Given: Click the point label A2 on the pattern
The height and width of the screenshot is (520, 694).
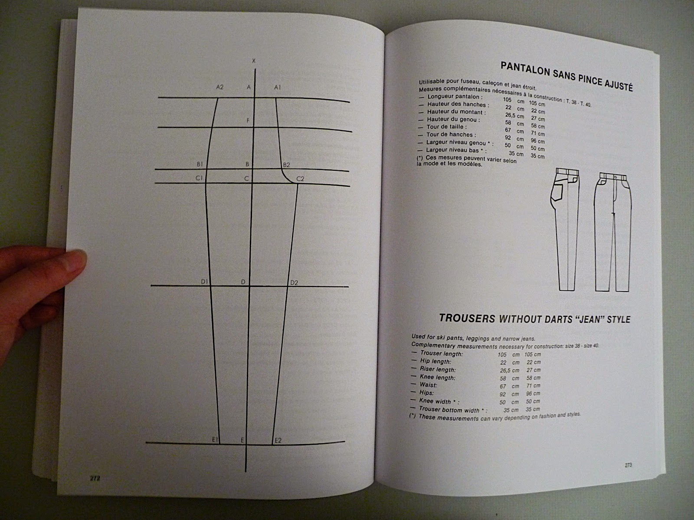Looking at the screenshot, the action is (x=219, y=87).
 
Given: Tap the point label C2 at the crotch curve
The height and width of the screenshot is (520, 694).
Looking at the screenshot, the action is (x=300, y=179).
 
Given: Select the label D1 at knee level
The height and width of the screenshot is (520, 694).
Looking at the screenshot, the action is (x=205, y=282).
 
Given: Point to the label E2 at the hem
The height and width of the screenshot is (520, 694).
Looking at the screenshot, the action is (x=278, y=440).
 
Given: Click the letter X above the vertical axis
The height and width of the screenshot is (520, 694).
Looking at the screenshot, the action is (x=253, y=61).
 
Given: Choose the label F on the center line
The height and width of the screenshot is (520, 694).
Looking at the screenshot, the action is (x=248, y=120).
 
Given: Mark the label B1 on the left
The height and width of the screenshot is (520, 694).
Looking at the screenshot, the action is (x=200, y=165).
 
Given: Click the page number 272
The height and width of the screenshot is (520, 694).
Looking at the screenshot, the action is (x=95, y=478).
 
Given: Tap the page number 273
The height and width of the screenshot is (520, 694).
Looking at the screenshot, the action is (x=628, y=466).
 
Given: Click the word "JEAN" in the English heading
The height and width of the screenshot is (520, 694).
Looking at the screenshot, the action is (x=573, y=319).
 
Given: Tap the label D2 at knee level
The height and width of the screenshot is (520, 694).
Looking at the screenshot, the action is (x=294, y=283).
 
